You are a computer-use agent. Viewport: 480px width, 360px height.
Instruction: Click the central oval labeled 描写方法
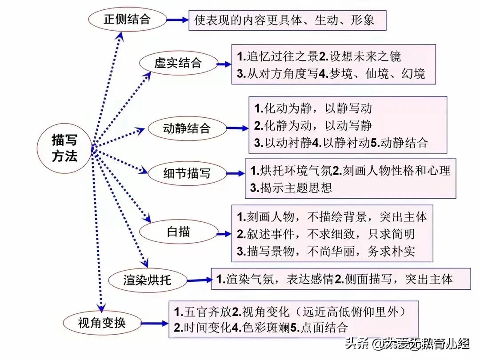[64, 148]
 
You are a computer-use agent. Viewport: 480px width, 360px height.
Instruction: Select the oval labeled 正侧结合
[128, 19]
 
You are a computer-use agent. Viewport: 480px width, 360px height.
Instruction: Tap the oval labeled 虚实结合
[179, 64]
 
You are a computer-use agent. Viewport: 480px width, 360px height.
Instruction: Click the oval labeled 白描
[179, 232]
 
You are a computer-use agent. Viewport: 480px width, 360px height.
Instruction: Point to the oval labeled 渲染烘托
[148, 280]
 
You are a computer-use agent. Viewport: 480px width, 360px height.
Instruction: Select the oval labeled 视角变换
[102, 323]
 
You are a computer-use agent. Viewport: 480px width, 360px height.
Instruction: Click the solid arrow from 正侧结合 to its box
[177, 20]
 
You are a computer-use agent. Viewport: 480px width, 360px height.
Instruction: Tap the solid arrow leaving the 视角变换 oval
[155, 323]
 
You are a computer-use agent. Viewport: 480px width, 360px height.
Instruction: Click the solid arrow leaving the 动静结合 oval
[237, 128]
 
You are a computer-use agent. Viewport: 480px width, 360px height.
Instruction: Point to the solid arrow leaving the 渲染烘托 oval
[199, 280]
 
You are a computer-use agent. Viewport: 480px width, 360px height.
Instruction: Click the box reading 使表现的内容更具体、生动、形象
[287, 20]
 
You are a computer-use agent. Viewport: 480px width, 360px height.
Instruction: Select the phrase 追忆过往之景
[283, 56]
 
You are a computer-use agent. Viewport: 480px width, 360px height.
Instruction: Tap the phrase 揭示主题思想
[296, 188]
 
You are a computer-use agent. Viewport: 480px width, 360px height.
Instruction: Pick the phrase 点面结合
[324, 328]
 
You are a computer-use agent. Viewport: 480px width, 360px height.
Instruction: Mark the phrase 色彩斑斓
[266, 328]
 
